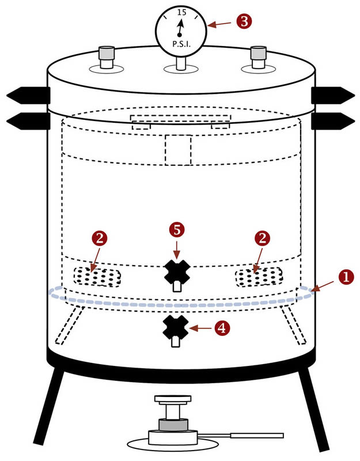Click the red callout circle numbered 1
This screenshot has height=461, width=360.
pyautogui.click(x=346, y=277)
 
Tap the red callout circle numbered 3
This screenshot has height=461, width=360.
pyautogui.click(x=243, y=22)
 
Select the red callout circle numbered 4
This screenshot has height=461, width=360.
pyautogui.click(x=221, y=328)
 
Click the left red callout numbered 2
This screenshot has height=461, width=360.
pyautogui.click(x=100, y=238)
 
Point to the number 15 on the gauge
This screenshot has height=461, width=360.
pyautogui.click(x=181, y=12)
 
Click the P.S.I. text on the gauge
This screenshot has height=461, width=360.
pyautogui.click(x=181, y=44)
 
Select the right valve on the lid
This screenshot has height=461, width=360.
pyautogui.click(x=258, y=56)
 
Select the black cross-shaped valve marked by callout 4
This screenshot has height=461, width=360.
pyautogui.click(x=174, y=328)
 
